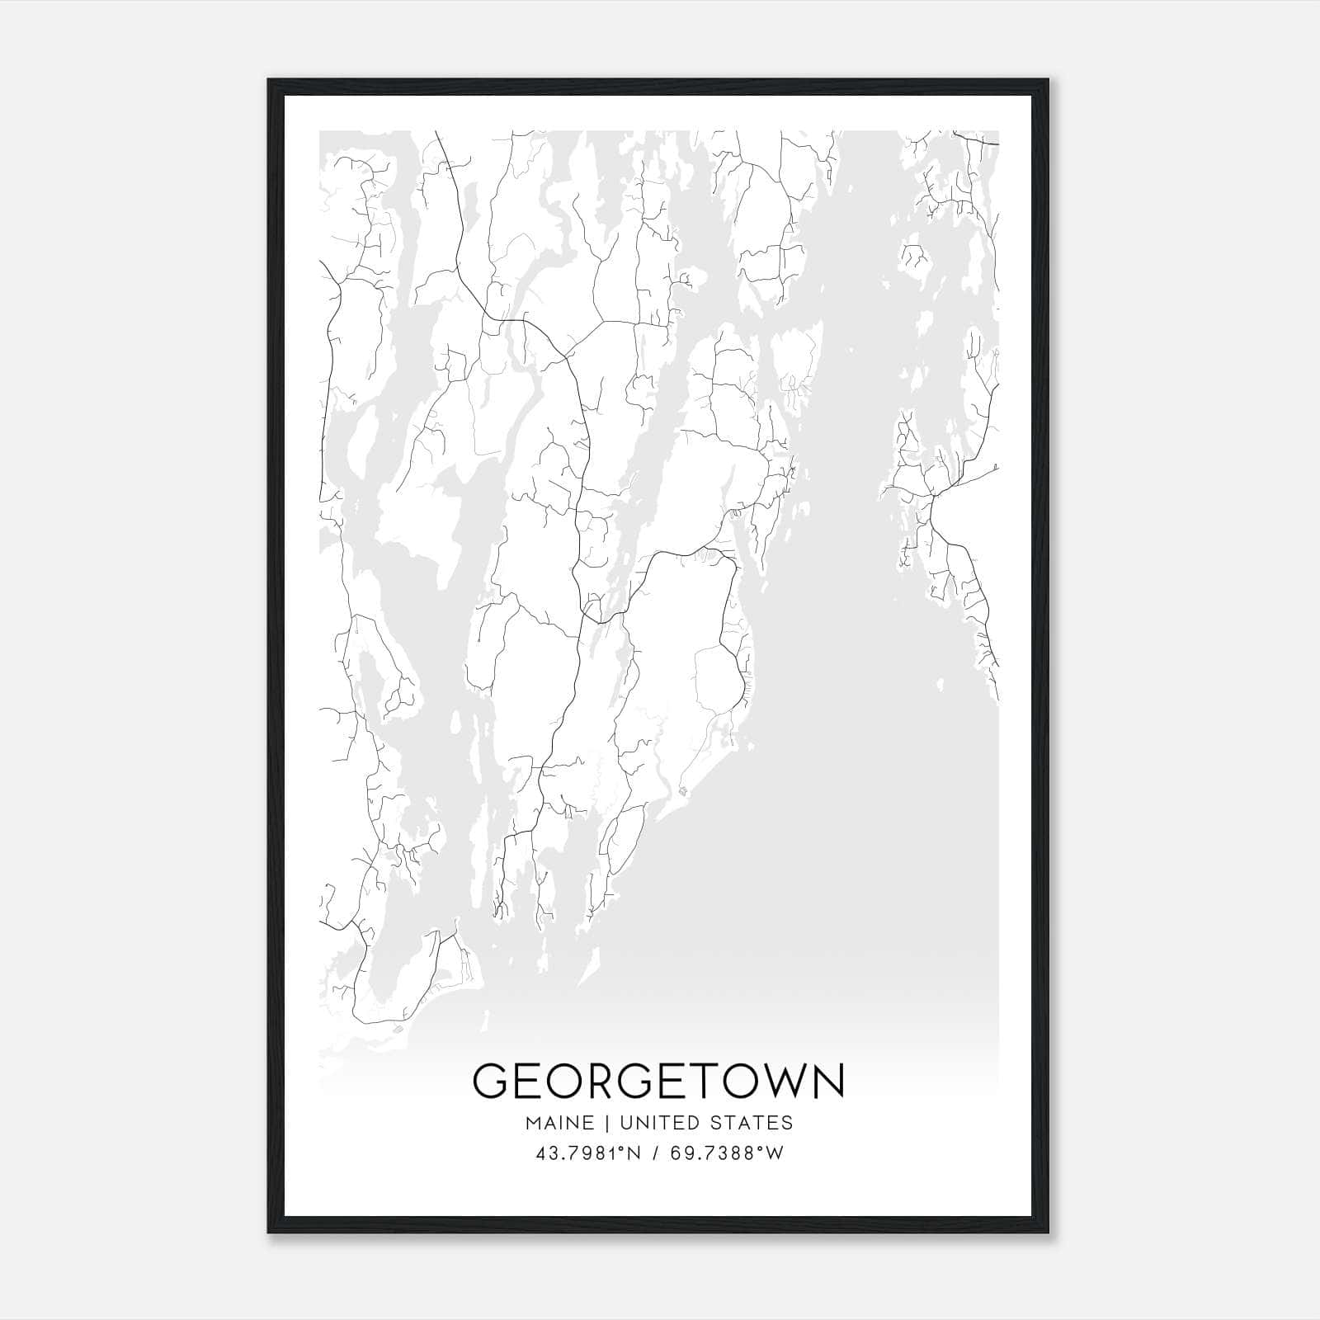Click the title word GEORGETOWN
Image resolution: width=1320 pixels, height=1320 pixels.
659,1081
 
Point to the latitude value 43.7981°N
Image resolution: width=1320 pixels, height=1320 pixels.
588,1153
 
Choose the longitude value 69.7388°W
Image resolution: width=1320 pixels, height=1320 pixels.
727,1153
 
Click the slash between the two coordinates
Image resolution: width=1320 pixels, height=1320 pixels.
657,1153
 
